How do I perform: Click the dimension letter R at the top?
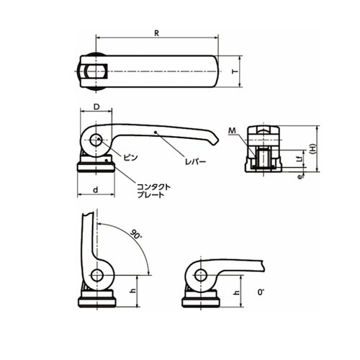tap(156, 33)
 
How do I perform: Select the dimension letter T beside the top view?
tap(235, 71)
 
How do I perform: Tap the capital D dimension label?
tap(96, 107)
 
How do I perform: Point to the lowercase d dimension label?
tap(96, 190)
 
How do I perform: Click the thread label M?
tap(232, 130)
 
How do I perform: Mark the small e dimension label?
tap(300, 176)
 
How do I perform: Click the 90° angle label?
tap(136, 235)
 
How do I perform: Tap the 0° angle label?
tap(261, 292)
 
